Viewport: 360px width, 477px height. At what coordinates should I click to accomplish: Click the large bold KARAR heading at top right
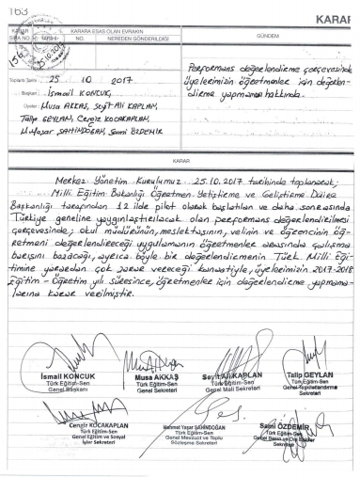[340, 19]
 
